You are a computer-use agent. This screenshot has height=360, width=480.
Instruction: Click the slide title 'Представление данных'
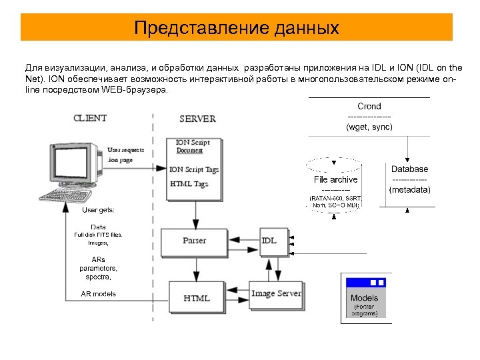click(x=237, y=28)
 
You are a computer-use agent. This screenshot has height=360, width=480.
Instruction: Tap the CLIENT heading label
click(x=89, y=118)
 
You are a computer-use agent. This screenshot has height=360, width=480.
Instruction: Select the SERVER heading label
click(x=197, y=119)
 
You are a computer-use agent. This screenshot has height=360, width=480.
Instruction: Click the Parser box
click(x=195, y=240)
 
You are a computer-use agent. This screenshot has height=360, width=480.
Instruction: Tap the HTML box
click(x=196, y=298)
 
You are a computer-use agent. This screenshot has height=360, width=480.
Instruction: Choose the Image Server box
click(x=276, y=293)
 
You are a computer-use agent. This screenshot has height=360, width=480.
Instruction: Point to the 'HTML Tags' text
click(x=189, y=184)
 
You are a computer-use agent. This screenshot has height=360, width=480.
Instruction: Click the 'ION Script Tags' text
click(x=195, y=169)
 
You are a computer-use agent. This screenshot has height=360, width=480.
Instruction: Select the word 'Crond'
click(x=369, y=106)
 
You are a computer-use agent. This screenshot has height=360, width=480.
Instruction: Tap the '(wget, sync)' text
click(x=369, y=127)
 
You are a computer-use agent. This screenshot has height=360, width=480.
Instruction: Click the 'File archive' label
click(x=335, y=179)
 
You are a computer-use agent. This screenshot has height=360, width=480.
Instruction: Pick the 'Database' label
click(x=409, y=169)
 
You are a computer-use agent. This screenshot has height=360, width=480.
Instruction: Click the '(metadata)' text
click(x=409, y=190)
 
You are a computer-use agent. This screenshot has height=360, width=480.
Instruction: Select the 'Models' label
click(x=364, y=298)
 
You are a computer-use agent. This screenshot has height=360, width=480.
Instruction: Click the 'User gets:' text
click(x=98, y=210)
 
